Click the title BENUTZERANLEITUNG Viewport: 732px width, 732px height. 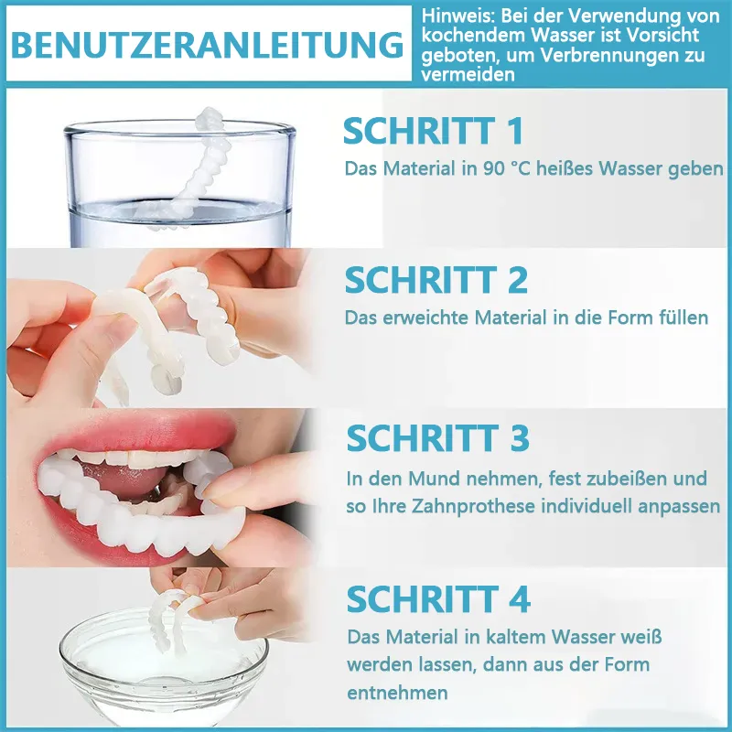[x=208, y=45]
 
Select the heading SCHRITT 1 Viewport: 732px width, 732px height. [x=433, y=131]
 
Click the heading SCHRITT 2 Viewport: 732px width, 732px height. [x=436, y=280]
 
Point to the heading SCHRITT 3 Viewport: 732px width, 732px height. [x=438, y=438]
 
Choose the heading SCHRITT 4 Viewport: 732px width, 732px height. [x=438, y=599]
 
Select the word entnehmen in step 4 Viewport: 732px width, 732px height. [x=397, y=693]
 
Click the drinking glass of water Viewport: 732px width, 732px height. [x=179, y=184]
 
